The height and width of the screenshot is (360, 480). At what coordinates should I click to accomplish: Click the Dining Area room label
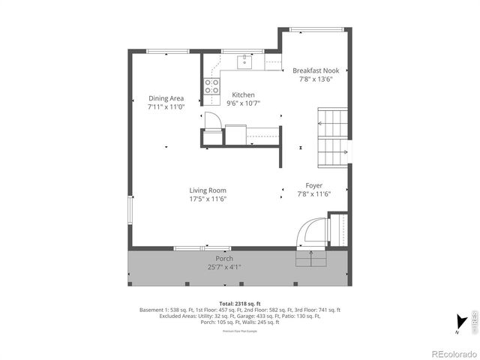click(166, 98)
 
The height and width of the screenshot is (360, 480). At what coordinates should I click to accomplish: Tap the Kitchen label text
click(243, 94)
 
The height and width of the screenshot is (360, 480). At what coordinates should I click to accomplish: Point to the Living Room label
click(208, 190)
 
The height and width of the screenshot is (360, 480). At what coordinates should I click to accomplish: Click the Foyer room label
click(314, 185)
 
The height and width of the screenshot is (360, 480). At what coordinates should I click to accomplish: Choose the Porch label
click(225, 259)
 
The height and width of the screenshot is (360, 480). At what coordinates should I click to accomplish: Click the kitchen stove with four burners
click(211, 85)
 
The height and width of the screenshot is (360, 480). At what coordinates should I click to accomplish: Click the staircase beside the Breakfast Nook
click(333, 138)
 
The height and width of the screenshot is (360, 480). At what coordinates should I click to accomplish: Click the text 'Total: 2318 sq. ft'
click(240, 303)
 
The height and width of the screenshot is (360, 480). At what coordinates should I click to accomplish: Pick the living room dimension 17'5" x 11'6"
click(208, 199)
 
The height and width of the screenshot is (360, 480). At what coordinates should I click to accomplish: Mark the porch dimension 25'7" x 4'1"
click(225, 267)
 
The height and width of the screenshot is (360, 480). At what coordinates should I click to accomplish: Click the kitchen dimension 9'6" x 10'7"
click(243, 103)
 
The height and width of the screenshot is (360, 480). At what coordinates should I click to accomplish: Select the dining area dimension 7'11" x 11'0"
click(166, 107)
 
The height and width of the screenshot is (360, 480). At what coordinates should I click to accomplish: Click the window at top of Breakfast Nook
click(313, 29)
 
